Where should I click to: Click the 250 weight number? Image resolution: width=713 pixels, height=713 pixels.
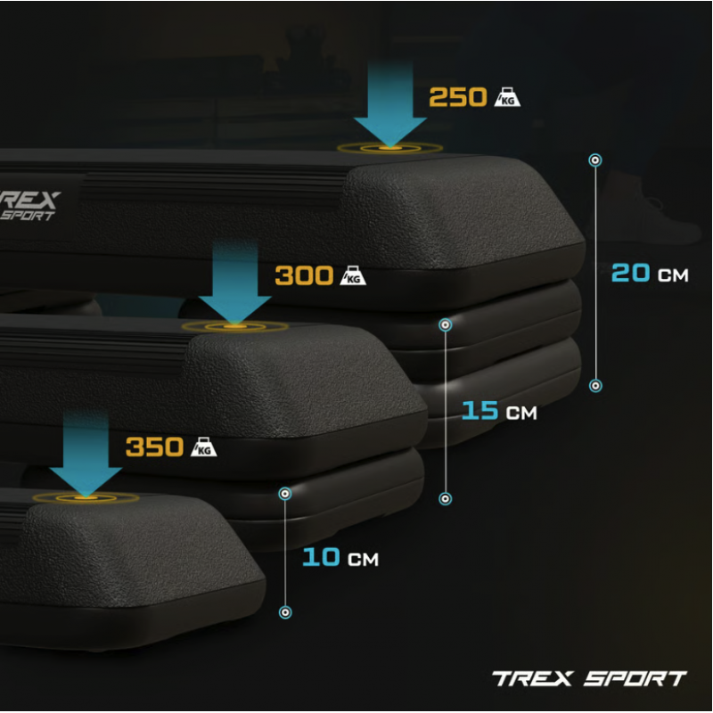pyautogui.click(x=458, y=97)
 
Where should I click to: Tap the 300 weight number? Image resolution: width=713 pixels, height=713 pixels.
pyautogui.click(x=304, y=275)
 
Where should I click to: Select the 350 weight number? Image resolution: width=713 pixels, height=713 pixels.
pyautogui.click(x=154, y=447)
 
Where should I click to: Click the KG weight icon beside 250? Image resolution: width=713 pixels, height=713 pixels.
pyautogui.click(x=507, y=97)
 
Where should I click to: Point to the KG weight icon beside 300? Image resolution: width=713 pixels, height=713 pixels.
pyautogui.click(x=353, y=275)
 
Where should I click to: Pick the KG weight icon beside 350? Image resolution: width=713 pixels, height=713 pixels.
pyautogui.click(x=204, y=447)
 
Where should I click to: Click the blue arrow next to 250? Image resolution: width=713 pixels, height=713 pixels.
pyautogui.click(x=390, y=104)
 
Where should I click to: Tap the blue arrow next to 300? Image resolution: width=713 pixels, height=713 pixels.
pyautogui.click(x=235, y=283)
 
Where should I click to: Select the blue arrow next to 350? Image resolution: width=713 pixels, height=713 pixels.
pyautogui.click(x=86, y=455)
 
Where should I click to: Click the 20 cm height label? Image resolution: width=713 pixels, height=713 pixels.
pyautogui.click(x=650, y=273)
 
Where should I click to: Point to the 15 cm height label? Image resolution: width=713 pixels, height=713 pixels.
pyautogui.click(x=499, y=411)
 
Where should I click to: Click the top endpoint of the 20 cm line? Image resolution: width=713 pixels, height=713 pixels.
pyautogui.click(x=595, y=160)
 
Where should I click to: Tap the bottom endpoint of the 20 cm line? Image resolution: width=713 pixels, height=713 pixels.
pyautogui.click(x=595, y=386)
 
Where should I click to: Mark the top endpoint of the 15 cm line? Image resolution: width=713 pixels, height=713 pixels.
pyautogui.click(x=445, y=324)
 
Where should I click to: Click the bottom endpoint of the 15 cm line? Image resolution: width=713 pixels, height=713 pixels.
pyautogui.click(x=445, y=499)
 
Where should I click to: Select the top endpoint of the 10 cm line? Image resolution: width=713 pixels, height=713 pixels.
pyautogui.click(x=285, y=494)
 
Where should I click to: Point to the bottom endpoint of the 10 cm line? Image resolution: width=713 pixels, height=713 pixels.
pyautogui.click(x=285, y=612)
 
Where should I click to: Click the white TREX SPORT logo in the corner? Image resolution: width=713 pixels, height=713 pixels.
pyautogui.click(x=589, y=678)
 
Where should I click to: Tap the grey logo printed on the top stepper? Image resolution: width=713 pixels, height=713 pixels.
pyautogui.click(x=29, y=206)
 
